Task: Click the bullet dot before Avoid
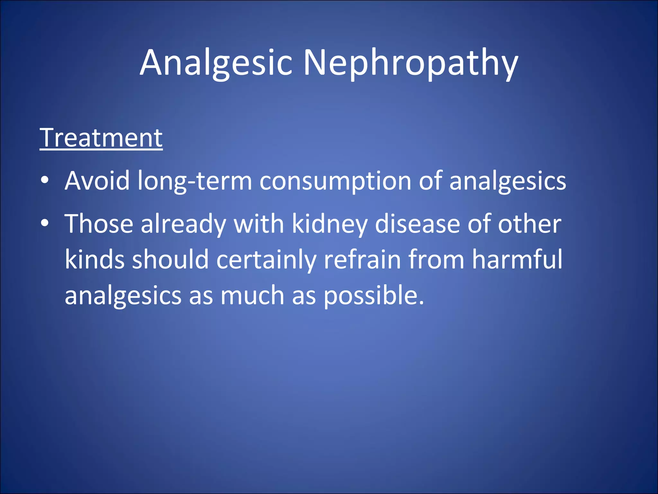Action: (x=45, y=180)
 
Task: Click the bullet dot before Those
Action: (x=45, y=223)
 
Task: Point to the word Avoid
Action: (x=97, y=181)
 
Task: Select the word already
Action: (x=183, y=224)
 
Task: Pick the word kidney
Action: (x=330, y=224)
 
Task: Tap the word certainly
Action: (x=266, y=260)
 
